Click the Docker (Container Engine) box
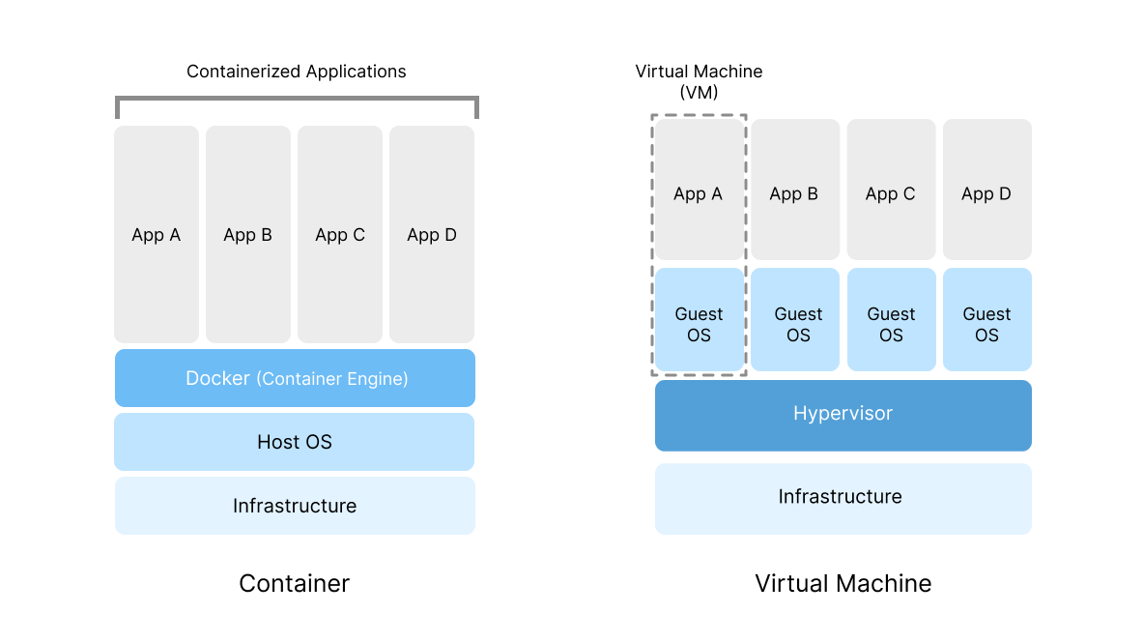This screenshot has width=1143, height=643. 295,378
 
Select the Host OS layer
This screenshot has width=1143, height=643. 295,442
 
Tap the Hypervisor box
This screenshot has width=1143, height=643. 843,414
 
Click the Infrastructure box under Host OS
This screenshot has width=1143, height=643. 295,506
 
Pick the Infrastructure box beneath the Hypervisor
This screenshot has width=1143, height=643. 843,497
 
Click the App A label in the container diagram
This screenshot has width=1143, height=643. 157,235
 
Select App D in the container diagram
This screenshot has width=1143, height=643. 432,235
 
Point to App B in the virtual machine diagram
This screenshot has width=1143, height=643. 794,193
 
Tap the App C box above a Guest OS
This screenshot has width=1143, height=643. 891,193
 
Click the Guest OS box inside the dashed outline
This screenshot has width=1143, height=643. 699,324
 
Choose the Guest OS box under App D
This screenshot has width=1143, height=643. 986,324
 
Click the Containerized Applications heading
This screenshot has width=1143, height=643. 296,72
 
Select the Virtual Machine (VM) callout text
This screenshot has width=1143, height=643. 699,82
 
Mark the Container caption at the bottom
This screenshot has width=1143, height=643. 294,584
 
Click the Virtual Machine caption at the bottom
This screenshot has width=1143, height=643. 843,584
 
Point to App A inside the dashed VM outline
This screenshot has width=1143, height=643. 699,193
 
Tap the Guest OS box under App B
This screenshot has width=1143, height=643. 798,324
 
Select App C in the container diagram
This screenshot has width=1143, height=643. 340,235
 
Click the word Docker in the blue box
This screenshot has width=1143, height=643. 217,378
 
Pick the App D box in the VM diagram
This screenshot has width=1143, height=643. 986,193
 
